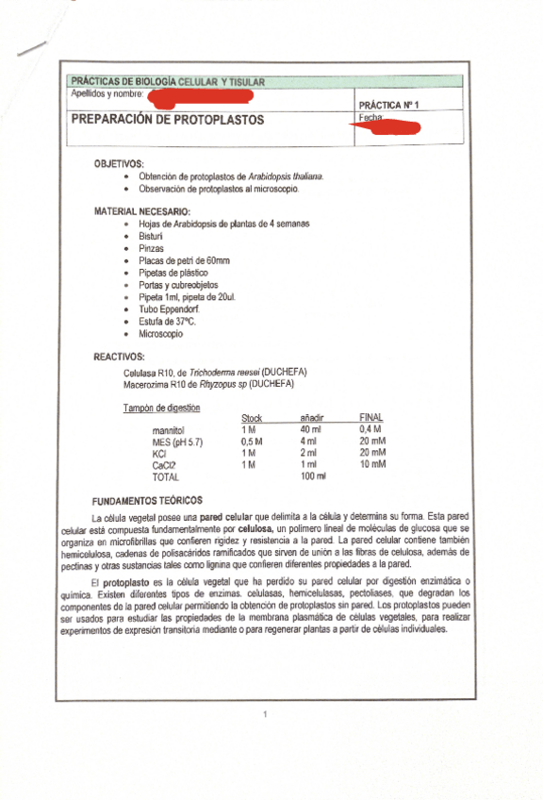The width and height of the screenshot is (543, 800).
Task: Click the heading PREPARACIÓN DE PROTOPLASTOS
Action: pyautogui.click(x=168, y=120)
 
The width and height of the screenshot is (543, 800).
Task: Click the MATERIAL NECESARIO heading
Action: pyautogui.click(x=142, y=211)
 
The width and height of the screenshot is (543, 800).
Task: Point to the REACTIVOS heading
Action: pyautogui.click(x=119, y=357)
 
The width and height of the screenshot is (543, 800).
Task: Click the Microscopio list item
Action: pyautogui.click(x=160, y=333)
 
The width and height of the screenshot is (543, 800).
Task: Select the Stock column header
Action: pyautogui.click(x=252, y=417)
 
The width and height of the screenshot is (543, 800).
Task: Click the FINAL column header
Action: pyautogui.click(x=371, y=417)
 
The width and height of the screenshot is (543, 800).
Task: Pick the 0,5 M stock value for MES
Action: pyautogui.click(x=252, y=442)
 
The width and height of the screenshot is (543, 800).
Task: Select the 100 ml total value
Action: pyautogui.click(x=313, y=476)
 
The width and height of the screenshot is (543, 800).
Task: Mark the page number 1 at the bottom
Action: pyautogui.click(x=267, y=714)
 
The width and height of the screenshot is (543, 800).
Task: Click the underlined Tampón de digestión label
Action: pyautogui.click(x=161, y=408)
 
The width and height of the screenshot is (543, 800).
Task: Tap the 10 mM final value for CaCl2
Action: pyautogui.click(x=372, y=464)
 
